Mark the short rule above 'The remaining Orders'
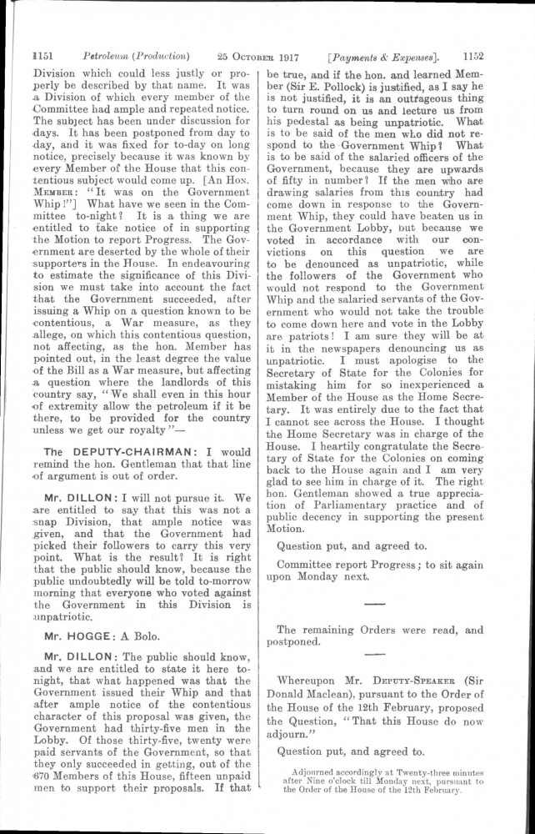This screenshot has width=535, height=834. (375, 602)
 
